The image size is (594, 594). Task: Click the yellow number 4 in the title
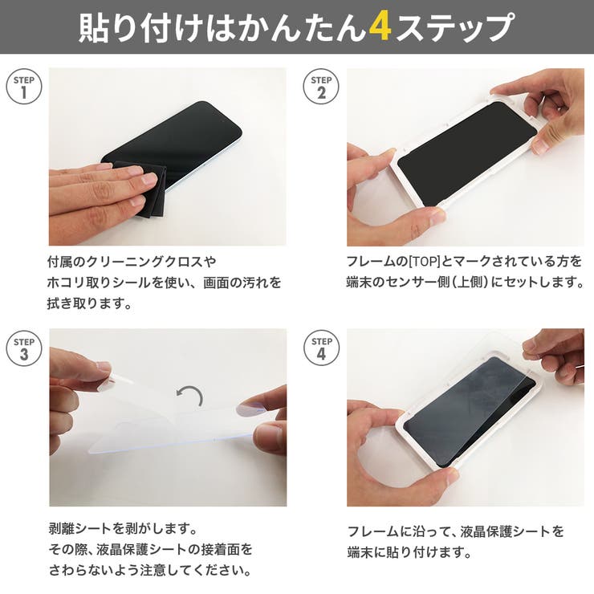click(380, 27)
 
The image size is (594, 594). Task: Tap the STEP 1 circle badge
click(23, 87)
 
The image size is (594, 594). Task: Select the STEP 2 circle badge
click(321, 87)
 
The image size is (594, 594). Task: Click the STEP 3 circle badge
click(23, 348)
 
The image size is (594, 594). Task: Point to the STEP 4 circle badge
click(321, 348)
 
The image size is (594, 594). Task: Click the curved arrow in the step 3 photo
click(190, 395)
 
